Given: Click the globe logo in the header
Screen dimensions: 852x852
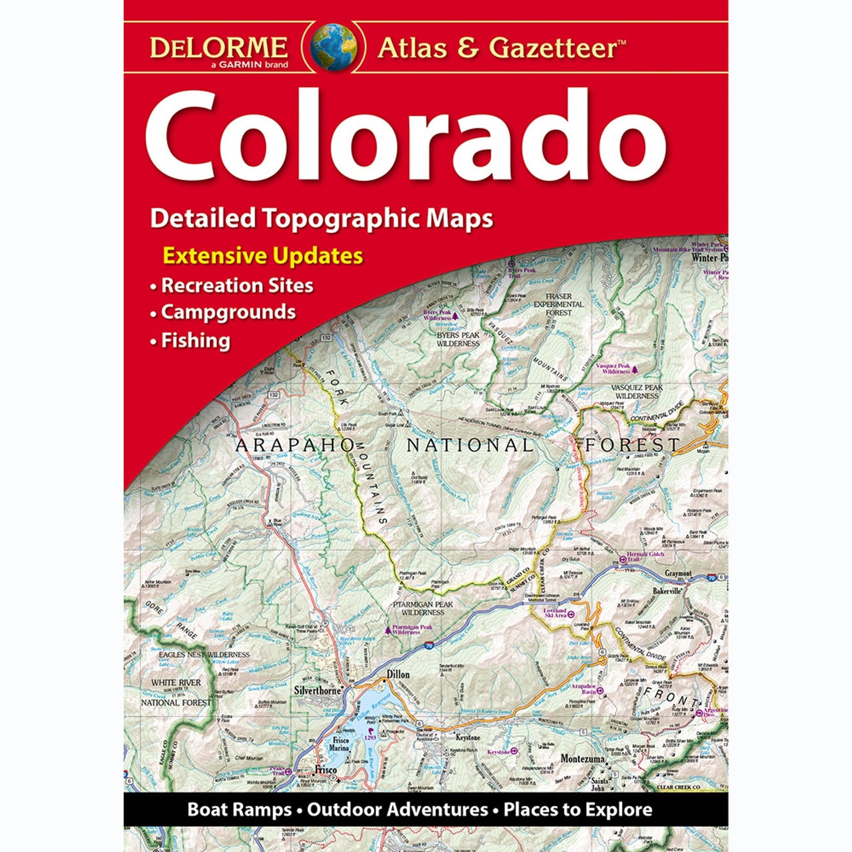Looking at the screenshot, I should (334, 47).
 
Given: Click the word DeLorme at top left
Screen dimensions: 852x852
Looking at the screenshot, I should (218, 47).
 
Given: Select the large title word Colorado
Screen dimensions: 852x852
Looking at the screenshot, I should (406, 137).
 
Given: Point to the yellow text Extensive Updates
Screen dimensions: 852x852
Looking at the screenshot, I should (262, 256).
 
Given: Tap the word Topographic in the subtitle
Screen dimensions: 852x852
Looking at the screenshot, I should (342, 218).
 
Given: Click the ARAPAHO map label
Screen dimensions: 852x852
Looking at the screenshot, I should (294, 445).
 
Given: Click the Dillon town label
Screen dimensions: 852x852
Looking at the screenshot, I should (398, 674).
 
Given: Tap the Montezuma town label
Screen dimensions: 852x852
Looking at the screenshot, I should (583, 758).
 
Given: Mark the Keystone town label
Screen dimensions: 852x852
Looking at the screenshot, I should (468, 738).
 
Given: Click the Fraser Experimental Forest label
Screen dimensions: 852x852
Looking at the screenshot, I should (558, 304).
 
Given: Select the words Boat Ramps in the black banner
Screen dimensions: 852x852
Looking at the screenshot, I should (239, 810).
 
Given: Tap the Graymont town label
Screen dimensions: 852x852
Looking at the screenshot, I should (677, 573).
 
